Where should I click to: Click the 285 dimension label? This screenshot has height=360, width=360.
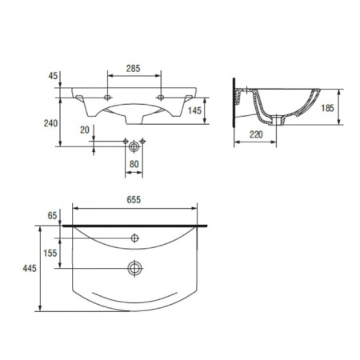pyautogui.click(x=133, y=69)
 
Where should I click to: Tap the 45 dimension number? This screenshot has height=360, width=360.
pyautogui.click(x=53, y=76)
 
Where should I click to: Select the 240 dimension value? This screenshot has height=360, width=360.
pyautogui.click(x=50, y=123)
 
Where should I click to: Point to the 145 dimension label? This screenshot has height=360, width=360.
pyautogui.click(x=194, y=110)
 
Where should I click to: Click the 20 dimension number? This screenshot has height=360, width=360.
pyautogui.click(x=85, y=130)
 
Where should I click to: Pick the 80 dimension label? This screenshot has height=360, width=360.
pyautogui.click(x=134, y=164)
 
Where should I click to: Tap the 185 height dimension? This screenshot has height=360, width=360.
pyautogui.click(x=327, y=108)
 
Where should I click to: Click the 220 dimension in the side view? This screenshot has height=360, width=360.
pyautogui.click(x=256, y=134)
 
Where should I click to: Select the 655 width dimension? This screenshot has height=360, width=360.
pyautogui.click(x=134, y=200)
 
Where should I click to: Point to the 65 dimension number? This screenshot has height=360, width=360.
pyautogui.click(x=52, y=215)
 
